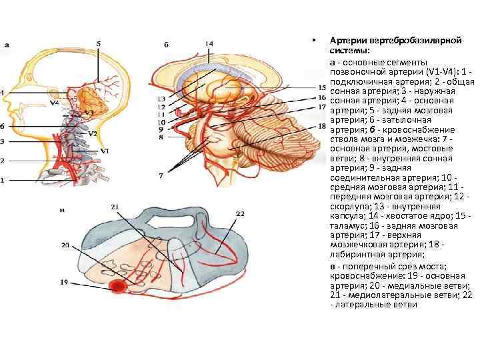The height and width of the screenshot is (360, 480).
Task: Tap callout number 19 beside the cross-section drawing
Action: click(x=64, y=282)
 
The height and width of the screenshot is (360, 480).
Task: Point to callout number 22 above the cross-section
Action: click(x=241, y=213)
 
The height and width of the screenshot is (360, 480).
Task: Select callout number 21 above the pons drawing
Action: click(x=115, y=208)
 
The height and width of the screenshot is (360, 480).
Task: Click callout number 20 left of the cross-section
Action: click(x=65, y=245)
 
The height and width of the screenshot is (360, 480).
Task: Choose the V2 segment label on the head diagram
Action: click(x=93, y=133)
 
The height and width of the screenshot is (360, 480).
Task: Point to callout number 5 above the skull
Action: click(x=99, y=44)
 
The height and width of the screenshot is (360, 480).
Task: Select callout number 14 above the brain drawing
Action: click(x=209, y=44)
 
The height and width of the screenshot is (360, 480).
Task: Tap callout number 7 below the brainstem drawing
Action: click(x=160, y=175)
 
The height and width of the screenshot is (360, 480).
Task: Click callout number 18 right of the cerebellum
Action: click(x=322, y=126)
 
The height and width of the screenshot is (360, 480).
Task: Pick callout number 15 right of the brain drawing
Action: click(x=322, y=87)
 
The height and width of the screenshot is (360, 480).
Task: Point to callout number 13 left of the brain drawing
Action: click(x=161, y=99)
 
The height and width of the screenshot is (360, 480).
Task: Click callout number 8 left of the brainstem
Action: click(x=161, y=138)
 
